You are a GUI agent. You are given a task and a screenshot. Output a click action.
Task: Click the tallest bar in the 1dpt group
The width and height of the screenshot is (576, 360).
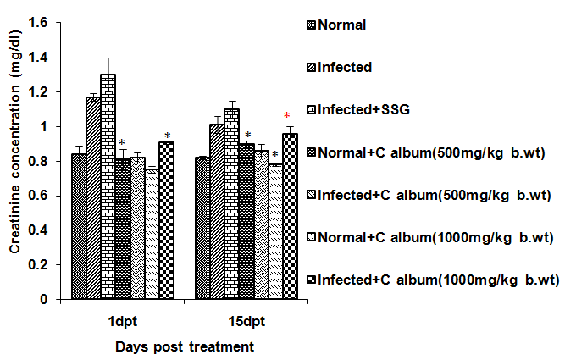[108, 186]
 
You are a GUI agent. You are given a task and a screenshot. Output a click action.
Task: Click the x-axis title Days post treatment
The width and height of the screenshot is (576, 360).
[185, 346]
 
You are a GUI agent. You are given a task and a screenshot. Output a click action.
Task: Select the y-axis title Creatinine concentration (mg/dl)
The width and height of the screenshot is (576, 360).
[15, 161]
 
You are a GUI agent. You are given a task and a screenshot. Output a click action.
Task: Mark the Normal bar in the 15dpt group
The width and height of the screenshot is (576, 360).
[202, 228]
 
